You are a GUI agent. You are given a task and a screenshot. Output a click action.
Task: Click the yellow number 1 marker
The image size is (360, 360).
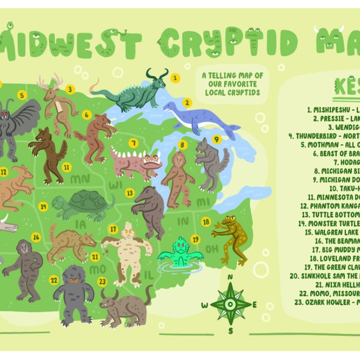[175, 77]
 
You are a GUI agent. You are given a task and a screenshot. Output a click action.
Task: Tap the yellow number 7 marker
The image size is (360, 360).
[133, 143]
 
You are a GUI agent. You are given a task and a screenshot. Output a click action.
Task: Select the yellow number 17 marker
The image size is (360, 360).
[112, 229]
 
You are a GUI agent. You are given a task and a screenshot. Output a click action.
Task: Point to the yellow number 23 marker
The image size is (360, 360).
[102, 281]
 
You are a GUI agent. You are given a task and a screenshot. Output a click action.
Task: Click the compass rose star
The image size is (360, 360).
[230, 303]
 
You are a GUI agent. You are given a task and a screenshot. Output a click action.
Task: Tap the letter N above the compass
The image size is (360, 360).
[230, 277]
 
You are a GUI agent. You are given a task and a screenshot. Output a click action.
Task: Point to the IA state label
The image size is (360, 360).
[80, 224]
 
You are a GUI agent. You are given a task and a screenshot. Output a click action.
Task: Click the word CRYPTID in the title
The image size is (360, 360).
[229, 43]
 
